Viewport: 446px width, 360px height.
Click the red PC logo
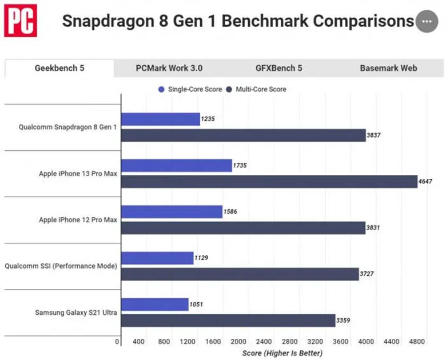click(21, 21)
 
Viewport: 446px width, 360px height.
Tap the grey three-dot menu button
click(425, 22)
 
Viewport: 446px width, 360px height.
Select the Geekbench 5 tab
click(59, 68)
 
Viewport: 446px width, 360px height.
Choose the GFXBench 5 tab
click(279, 68)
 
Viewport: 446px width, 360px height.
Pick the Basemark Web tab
click(388, 68)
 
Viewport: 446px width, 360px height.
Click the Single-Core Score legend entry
click(192, 89)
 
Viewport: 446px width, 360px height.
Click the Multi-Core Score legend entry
click(257, 89)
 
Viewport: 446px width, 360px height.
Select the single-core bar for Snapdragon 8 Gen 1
click(160, 119)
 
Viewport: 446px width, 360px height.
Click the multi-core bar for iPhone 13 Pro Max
click(269, 182)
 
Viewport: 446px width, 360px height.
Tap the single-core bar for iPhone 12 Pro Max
click(172, 211)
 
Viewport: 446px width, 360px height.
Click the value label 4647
click(426, 182)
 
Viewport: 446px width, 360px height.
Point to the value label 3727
click(368, 274)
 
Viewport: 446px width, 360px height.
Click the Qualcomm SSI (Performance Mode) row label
click(61, 266)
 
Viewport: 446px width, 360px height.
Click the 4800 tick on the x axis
click(417, 342)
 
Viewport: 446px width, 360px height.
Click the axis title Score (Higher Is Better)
click(282, 353)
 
